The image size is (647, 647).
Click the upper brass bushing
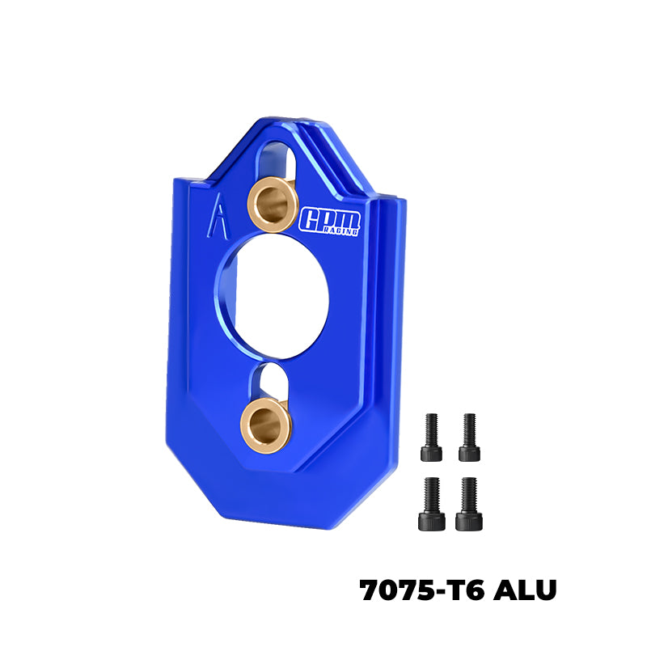[x=272, y=204]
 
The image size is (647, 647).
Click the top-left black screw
[x=432, y=437]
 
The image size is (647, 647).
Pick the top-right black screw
[x=469, y=437]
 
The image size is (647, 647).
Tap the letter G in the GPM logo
[x=311, y=219]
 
